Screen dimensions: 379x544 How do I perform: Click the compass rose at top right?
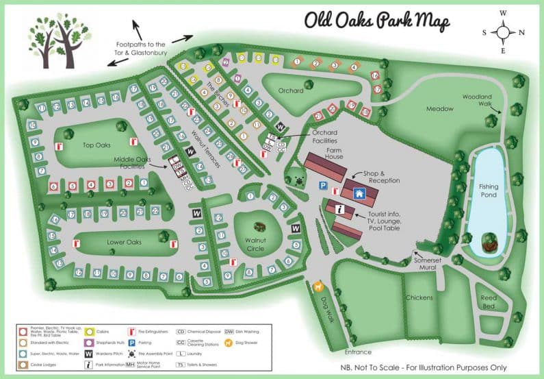(503, 32)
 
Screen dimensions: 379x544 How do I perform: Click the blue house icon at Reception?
(357, 194)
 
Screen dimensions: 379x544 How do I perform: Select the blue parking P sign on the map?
(322, 185)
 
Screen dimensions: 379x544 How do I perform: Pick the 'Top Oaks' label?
(96, 145)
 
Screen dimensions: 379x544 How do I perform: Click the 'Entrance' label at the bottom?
(358, 352)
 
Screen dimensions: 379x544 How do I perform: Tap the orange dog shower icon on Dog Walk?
(318, 286)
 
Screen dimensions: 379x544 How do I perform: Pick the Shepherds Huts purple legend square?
(89, 341)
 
